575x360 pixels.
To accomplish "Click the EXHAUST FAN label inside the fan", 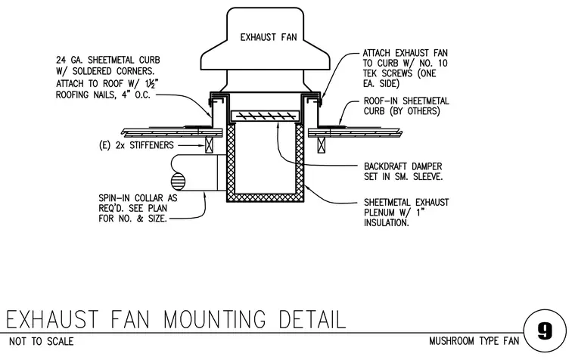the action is click(269, 37).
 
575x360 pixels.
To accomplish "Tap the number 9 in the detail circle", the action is click(545, 331).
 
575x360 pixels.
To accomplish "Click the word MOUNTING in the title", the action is click(215, 319).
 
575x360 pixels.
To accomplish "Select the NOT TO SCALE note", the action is click(41, 341).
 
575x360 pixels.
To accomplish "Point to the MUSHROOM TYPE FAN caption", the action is click(474, 341).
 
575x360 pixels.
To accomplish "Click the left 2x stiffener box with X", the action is click(209, 145).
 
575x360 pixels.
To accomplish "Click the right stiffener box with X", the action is click(322, 145).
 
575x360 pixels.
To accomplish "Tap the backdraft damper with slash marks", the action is click(266, 116).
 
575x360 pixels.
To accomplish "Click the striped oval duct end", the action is click(179, 182).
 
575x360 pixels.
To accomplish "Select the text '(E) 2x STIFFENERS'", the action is click(136, 145).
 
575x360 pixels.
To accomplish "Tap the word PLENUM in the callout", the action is click(380, 213).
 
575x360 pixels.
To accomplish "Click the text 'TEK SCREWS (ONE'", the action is click(399, 73).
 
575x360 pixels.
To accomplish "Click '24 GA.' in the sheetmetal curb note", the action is click(69, 60).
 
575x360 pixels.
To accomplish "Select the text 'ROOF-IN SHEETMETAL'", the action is click(406, 101).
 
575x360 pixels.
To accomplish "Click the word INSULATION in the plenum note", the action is click(386, 223).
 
